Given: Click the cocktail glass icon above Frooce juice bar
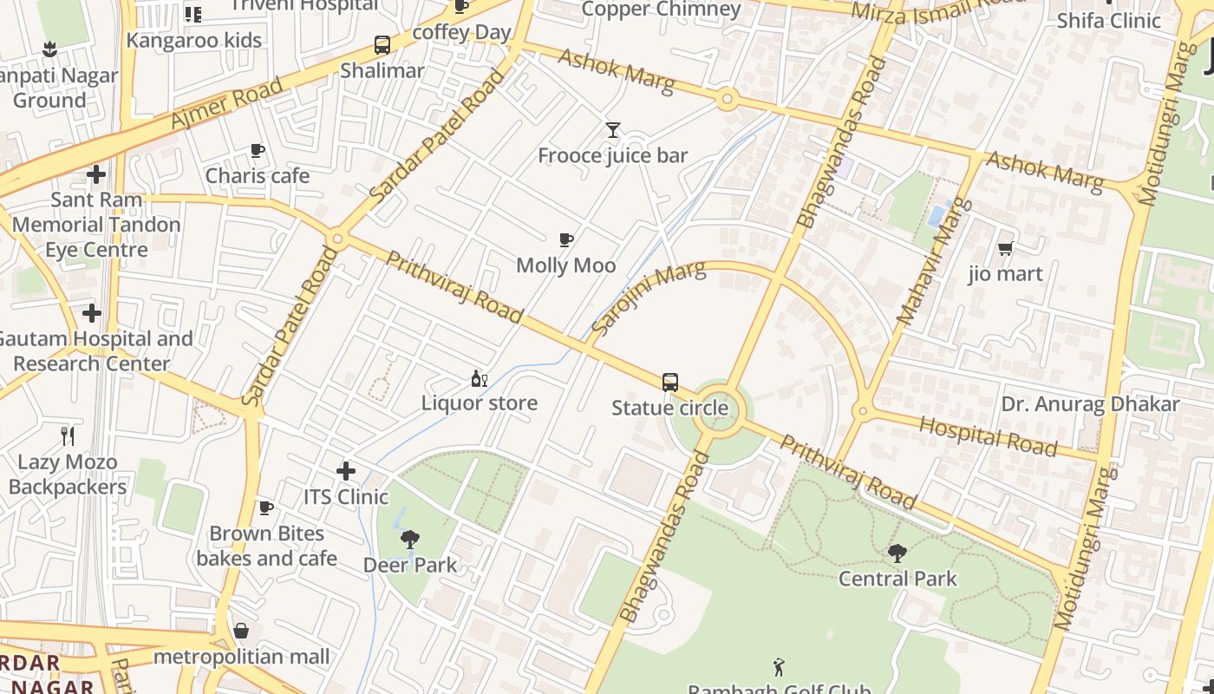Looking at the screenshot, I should click(x=613, y=130).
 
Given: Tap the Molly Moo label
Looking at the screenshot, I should click(x=565, y=265).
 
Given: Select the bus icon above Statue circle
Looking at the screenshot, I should click(x=669, y=382).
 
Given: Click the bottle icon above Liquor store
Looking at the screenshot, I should click(x=479, y=378).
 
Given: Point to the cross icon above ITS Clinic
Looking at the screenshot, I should click(x=346, y=471).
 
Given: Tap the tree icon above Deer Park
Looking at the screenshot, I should click(x=410, y=540).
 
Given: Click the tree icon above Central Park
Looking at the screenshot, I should click(x=897, y=553).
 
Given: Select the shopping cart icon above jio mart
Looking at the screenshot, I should click(x=1005, y=249).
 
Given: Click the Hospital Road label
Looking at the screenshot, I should click(x=988, y=436).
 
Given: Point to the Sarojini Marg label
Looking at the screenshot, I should click(x=648, y=300).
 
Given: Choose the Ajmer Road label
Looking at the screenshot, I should click(x=226, y=103).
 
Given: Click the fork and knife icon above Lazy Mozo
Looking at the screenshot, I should click(x=68, y=435).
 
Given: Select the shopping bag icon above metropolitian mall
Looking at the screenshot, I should click(x=241, y=631).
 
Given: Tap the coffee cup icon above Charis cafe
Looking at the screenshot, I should click(x=257, y=151).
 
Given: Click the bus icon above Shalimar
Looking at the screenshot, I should click(x=382, y=45).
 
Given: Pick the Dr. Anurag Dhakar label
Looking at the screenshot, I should click(x=1090, y=404).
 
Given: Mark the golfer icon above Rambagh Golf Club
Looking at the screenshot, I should click(x=779, y=667).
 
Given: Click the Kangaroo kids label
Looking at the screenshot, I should click(x=193, y=40).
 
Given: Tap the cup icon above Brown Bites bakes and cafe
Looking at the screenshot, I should click(x=266, y=507).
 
